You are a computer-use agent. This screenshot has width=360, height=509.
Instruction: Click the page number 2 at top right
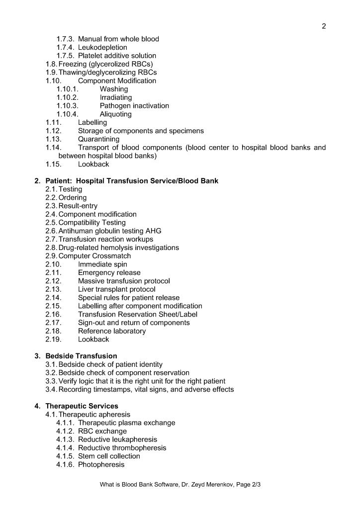pyautogui.click(x=324, y=26)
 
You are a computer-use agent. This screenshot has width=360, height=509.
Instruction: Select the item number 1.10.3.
pyautogui.click(x=68, y=105)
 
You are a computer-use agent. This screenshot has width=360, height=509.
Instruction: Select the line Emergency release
pyautogui.click(x=109, y=272)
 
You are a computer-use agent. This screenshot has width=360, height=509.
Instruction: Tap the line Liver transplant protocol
pyautogui.click(x=116, y=289)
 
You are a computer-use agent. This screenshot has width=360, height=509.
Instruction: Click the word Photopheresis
pyautogui.click(x=101, y=464)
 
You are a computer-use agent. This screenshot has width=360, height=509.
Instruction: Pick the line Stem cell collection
pyautogui.click(x=109, y=456)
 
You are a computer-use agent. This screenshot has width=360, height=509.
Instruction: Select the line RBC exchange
pyautogui.click(x=102, y=431)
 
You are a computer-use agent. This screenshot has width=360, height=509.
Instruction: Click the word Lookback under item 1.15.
pyautogui.click(x=93, y=164)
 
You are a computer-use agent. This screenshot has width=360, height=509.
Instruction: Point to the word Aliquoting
pyautogui.click(x=115, y=114)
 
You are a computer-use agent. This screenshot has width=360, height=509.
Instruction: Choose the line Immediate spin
pyautogui.click(x=102, y=264)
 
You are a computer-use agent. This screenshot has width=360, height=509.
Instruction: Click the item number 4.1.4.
pyautogui.click(x=66, y=448)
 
